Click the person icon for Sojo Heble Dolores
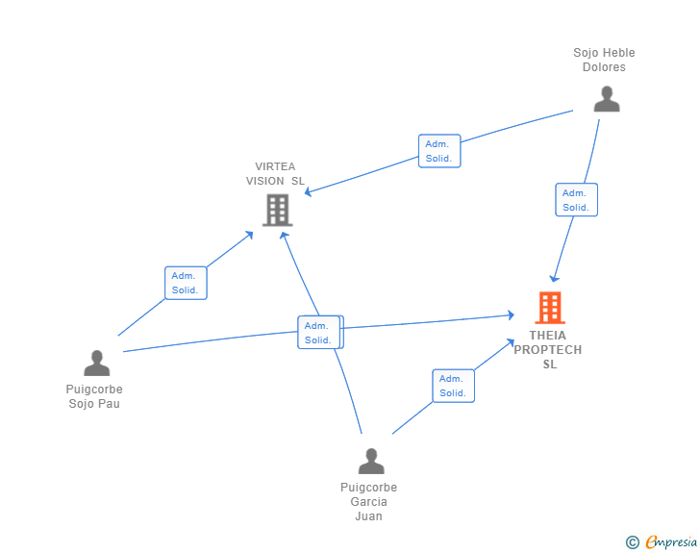tap(606, 99)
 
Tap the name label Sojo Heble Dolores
tap(604, 60)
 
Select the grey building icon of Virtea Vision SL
tap(277, 210)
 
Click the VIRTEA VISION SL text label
tap(275, 173)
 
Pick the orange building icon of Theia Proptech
tap(549, 308)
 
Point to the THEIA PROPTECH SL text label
tap(548, 350)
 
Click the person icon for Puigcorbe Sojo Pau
tap(96, 363)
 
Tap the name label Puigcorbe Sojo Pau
tap(94, 396)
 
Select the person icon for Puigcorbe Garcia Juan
tap(370, 461)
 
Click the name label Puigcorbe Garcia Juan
tap(368, 501)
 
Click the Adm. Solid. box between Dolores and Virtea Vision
tap(440, 151)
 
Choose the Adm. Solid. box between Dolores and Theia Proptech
tap(576, 200)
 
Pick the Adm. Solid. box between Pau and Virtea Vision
tap(185, 283)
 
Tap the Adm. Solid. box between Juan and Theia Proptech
tap(453, 386)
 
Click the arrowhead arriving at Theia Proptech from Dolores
tap(554, 278)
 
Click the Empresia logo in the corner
tap(671, 542)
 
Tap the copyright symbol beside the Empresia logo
tap(633, 542)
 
